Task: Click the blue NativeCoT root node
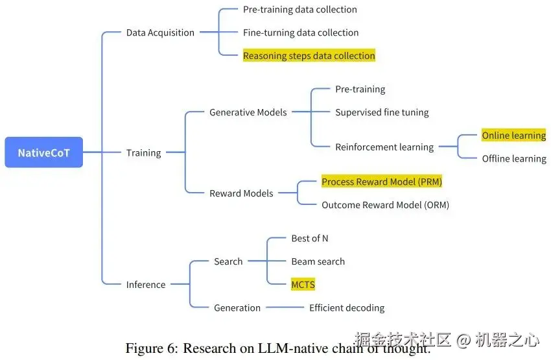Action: pyautogui.click(x=43, y=152)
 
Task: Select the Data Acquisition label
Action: pyautogui.click(x=160, y=32)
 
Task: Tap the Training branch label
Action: pyautogui.click(x=143, y=152)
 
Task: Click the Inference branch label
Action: pyautogui.click(x=146, y=284)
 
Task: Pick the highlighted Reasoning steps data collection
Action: pyautogui.click(x=309, y=56)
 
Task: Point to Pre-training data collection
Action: pyautogui.click(x=299, y=10)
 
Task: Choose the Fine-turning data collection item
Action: pyautogui.click(x=300, y=32)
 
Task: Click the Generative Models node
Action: pyautogui.click(x=248, y=112)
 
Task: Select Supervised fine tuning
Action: pyautogui.click(x=382, y=112)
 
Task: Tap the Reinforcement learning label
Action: pyautogui.click(x=384, y=147)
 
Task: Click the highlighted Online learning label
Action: pyautogui.click(x=513, y=136)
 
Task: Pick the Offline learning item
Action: pyautogui.click(x=513, y=158)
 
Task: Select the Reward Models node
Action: pyautogui.click(x=241, y=193)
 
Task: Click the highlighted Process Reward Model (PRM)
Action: pyautogui.click(x=381, y=182)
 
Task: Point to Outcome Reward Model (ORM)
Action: pyautogui.click(x=385, y=205)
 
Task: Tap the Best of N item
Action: pyautogui.click(x=309, y=238)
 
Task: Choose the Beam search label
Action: pyautogui.click(x=318, y=261)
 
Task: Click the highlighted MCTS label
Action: pyautogui.click(x=303, y=285)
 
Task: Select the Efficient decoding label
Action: pyautogui.click(x=346, y=307)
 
